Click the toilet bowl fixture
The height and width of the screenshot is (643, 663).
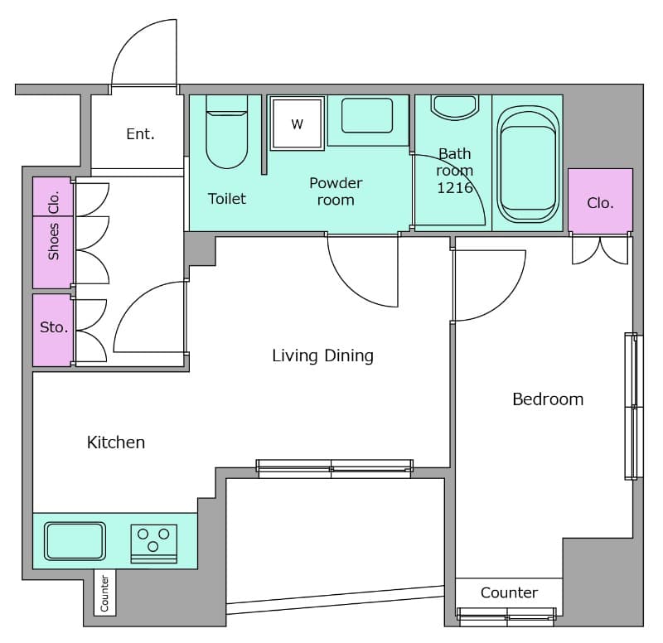[x=226, y=132]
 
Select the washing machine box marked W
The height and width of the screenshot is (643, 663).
[x=298, y=123]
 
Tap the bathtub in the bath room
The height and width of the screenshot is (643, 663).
[x=528, y=163]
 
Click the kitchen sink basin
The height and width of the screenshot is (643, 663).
[x=75, y=541]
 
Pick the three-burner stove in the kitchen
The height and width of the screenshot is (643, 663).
[x=154, y=544]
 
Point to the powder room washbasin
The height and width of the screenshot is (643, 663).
[x=367, y=115]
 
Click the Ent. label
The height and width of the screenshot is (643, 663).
[x=140, y=134]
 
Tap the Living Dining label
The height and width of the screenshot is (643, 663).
[x=322, y=355]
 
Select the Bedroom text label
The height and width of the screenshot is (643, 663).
[x=548, y=399]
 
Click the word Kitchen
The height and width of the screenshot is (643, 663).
[x=116, y=442]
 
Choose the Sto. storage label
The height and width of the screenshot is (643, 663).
[x=54, y=326]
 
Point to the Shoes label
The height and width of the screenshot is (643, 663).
[x=53, y=241]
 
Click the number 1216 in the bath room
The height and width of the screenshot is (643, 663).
[x=454, y=188]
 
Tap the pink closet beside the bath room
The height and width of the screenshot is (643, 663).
[x=600, y=201]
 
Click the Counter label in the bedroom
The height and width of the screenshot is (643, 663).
[x=509, y=592]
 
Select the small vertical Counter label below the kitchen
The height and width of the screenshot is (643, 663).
[x=104, y=593]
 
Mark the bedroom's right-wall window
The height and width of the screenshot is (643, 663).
[x=634, y=406]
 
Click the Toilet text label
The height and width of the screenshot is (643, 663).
[x=226, y=199]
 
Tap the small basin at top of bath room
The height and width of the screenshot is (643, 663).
[x=454, y=107]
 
